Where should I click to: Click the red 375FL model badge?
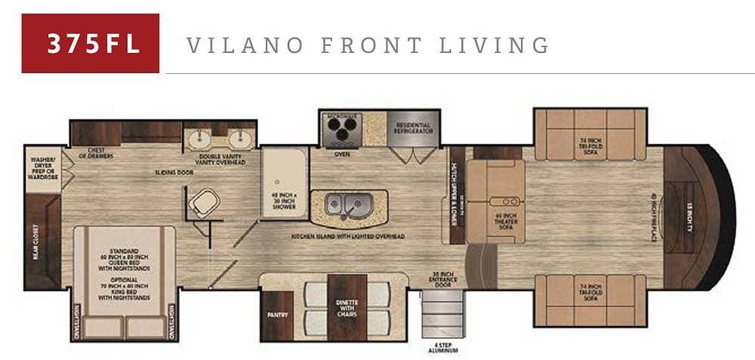(x=91, y=43)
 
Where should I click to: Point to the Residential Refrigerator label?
(x=412, y=128)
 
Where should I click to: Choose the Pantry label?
(x=274, y=312)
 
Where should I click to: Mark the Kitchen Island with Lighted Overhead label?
(x=348, y=236)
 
